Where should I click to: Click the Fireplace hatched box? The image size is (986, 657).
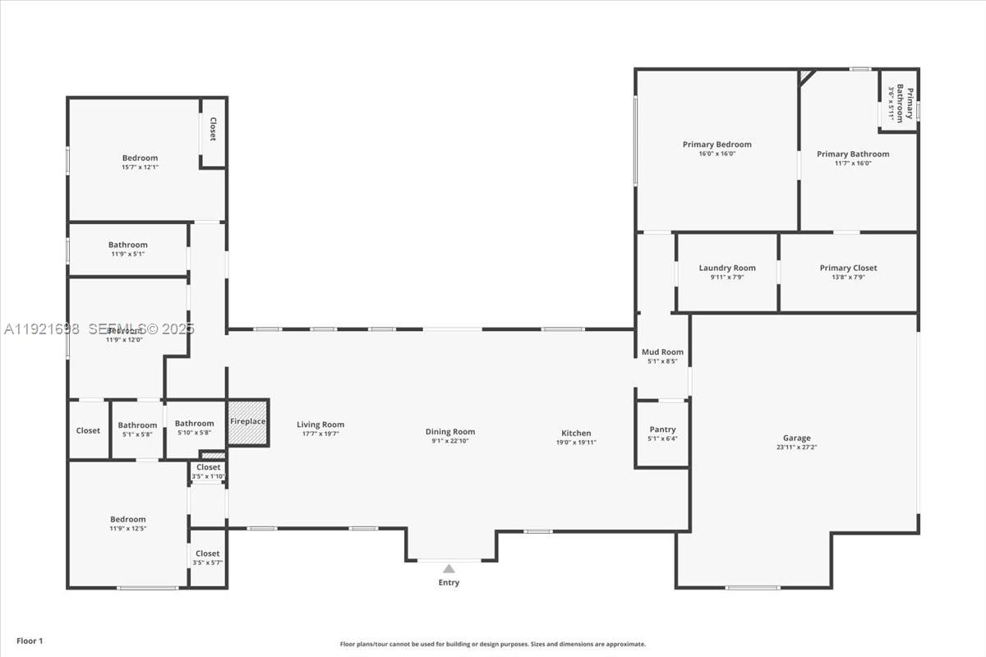click(248, 422)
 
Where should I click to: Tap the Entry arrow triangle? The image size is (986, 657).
click(449, 568)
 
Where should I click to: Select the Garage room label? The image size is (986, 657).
click(796, 439)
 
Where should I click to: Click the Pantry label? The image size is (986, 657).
click(662, 430)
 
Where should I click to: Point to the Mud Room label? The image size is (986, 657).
click(662, 352)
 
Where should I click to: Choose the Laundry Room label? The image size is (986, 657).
click(727, 268)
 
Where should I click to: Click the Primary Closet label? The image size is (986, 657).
click(848, 268)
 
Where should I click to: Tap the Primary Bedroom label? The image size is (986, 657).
click(716, 145)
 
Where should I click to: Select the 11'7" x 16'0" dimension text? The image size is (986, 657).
click(853, 163)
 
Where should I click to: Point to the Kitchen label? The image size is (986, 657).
click(576, 433)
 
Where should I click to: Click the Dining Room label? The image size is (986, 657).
click(450, 432)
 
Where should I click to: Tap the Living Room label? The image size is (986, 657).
click(320, 425)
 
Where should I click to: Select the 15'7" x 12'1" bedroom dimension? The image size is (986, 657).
click(140, 167)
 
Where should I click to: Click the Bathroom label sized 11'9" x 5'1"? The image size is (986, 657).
click(128, 245)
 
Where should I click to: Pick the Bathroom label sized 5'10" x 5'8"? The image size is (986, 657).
click(194, 424)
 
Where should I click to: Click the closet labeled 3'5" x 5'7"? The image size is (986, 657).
click(208, 554)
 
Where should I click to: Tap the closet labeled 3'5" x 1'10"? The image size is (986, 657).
click(208, 467)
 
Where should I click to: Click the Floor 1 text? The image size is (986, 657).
click(30, 641)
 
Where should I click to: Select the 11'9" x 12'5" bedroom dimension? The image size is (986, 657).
click(128, 528)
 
